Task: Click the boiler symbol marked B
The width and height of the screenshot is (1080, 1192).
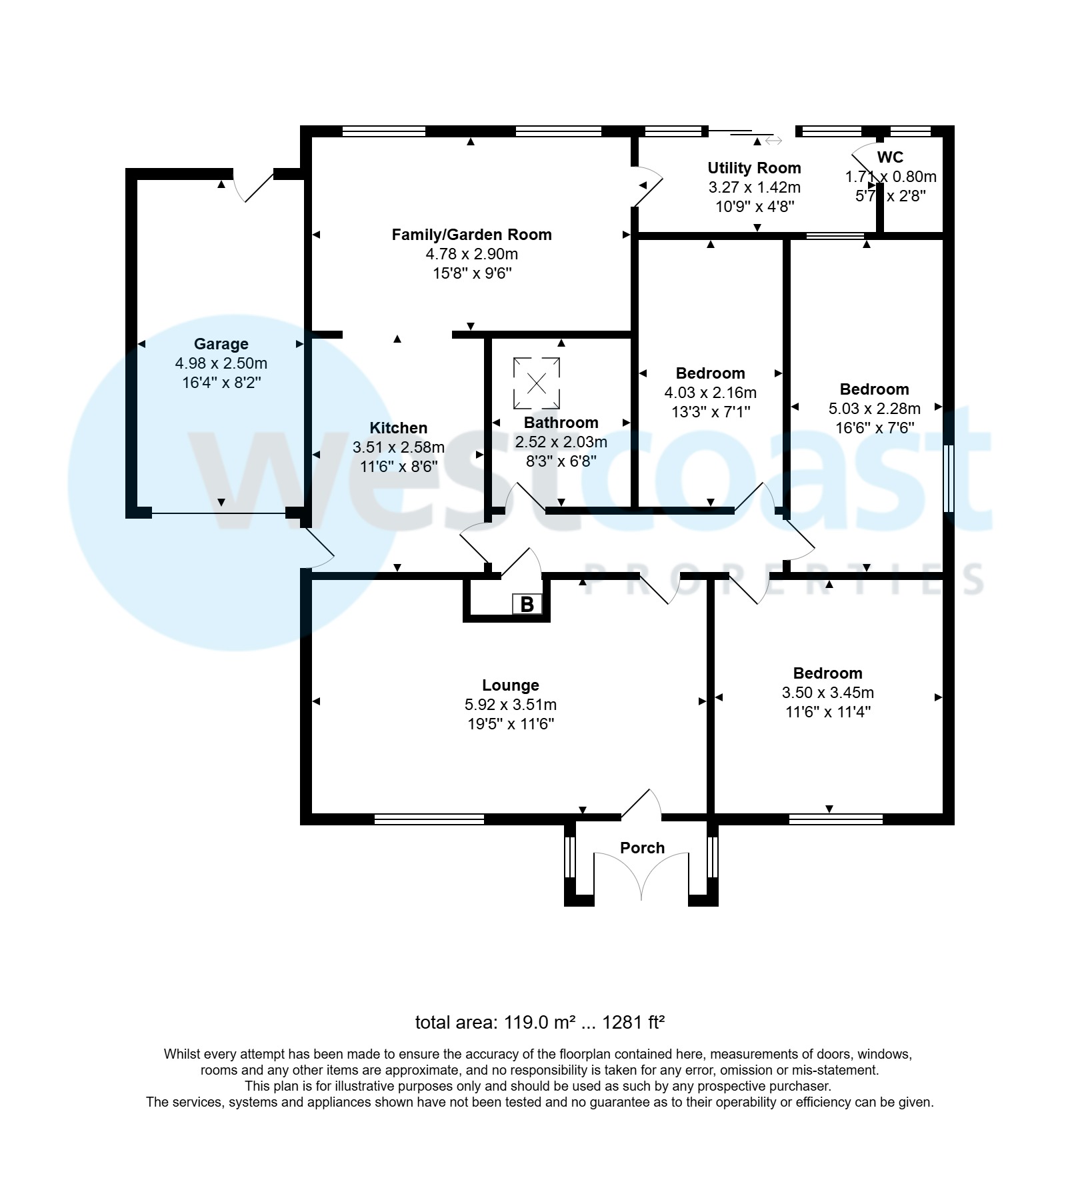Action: tap(527, 604)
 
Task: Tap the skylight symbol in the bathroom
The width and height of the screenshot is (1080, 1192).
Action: tap(537, 383)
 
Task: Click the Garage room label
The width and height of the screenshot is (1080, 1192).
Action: tap(221, 344)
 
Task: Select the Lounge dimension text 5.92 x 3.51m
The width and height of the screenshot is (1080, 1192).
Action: tap(510, 705)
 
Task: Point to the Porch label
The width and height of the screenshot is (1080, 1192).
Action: tap(642, 848)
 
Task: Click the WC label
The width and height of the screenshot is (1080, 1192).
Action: tap(890, 157)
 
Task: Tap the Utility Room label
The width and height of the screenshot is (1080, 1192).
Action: tap(754, 168)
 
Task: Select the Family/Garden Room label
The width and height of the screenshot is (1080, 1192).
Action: tap(471, 235)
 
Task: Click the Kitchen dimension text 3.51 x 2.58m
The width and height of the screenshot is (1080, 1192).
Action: tap(398, 447)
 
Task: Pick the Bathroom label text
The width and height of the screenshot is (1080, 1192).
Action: tap(561, 423)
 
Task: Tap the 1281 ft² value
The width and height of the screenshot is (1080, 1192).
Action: tap(633, 1023)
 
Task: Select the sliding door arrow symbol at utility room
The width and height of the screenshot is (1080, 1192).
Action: tap(774, 141)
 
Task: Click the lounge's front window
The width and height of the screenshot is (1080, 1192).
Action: tap(429, 819)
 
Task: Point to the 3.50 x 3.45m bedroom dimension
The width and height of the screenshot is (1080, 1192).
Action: tap(827, 693)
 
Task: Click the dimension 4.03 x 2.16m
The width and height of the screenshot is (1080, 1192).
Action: tap(710, 393)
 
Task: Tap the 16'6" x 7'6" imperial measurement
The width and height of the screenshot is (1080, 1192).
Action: tap(874, 427)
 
